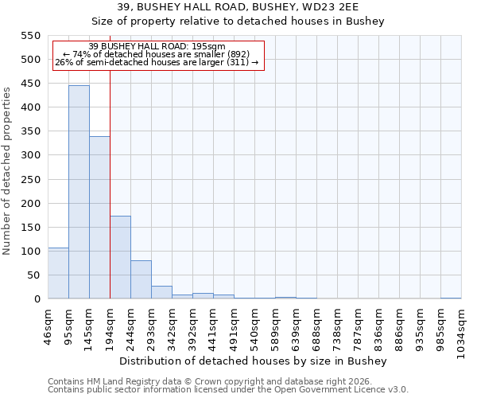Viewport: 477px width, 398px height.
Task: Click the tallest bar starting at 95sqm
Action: point(79,192)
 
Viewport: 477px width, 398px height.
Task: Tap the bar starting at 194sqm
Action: point(120,257)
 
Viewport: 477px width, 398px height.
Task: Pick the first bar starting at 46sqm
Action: point(58,273)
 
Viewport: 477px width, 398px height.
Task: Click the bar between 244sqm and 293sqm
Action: point(141,279)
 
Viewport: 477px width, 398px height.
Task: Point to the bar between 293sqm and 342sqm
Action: point(161,292)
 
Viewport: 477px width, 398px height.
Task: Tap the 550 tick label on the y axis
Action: point(29,36)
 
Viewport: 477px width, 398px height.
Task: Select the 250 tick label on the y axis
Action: point(29,180)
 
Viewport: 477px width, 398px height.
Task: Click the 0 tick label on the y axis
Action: point(37,299)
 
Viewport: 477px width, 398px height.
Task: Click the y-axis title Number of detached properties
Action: point(8,171)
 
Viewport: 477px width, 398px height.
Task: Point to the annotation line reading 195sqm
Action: point(157,46)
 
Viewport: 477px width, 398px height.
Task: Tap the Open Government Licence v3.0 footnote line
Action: point(228,389)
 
